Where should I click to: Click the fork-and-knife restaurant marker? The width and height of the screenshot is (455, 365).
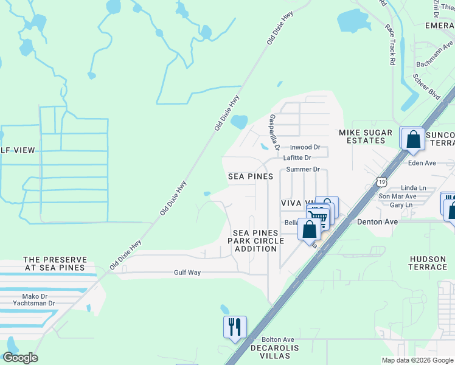pos(234,327)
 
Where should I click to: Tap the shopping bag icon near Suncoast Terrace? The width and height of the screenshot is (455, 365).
pos(413,139)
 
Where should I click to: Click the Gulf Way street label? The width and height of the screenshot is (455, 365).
pos(187,273)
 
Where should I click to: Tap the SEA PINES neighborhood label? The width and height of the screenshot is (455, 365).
pos(251,176)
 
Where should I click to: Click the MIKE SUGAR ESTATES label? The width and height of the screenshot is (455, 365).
pos(362,136)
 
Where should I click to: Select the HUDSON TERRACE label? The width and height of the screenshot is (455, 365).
pos(429,263)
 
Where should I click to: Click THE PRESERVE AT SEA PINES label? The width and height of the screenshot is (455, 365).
pos(54,263)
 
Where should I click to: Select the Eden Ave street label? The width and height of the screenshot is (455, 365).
pos(422,163)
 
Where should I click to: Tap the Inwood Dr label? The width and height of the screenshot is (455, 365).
pos(305,147)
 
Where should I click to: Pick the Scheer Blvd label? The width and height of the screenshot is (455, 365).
pos(426,88)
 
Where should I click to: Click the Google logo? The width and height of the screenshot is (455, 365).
pos(20,358)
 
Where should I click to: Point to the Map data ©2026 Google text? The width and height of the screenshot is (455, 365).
pos(417,360)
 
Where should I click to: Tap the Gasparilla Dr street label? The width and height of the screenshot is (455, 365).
pos(274,132)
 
